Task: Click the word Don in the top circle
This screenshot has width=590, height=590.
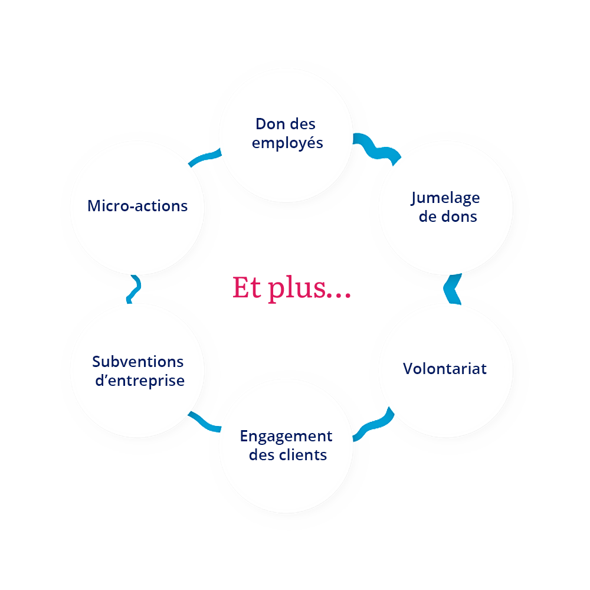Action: coord(268,124)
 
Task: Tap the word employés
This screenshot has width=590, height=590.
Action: coord(287,143)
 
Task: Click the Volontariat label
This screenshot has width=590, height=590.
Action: coord(445,369)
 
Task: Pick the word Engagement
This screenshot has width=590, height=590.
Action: coord(286,437)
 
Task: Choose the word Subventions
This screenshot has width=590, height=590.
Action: coord(138,361)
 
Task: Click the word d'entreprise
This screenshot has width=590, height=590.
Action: coord(140,381)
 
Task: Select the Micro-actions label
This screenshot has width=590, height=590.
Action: coord(137,206)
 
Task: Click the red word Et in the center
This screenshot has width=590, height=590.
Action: coord(244,287)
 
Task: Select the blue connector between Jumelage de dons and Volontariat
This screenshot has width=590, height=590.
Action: coord(454,289)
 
